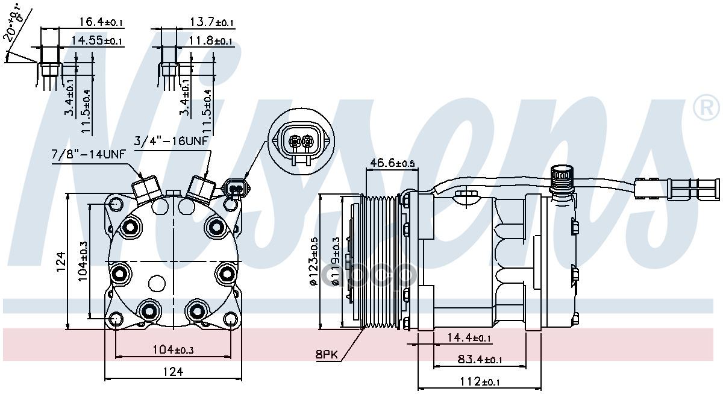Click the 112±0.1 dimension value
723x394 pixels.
click(480, 381)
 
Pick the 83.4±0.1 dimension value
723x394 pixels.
click(480, 360)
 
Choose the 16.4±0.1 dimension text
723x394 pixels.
click(101, 22)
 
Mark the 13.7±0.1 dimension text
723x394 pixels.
click(211, 22)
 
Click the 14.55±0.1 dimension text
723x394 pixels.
click(96, 41)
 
